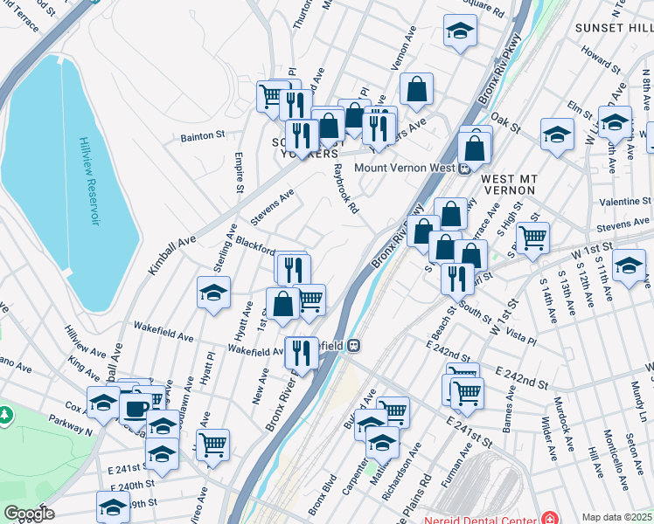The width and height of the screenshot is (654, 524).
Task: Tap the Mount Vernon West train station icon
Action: (466, 168)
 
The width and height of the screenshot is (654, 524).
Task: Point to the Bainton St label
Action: (203, 136)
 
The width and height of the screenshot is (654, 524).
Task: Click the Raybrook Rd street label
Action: (346, 192)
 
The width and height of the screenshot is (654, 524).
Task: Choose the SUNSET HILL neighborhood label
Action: (613, 28)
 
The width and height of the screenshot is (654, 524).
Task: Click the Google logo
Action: (28, 514)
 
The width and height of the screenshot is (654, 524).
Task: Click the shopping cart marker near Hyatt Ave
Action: (212, 445)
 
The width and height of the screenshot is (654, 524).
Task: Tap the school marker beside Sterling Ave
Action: (213, 294)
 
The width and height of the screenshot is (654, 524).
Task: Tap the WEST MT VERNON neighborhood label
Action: (506, 184)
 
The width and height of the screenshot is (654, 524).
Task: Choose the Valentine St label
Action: (623, 202)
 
